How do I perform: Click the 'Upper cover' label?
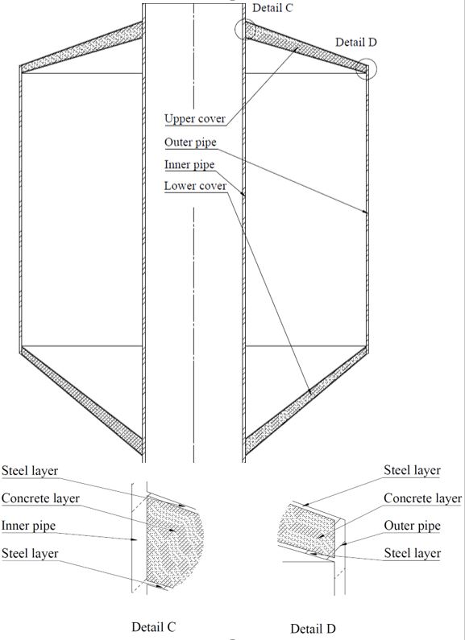tap(195, 119)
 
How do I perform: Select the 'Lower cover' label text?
tap(195, 186)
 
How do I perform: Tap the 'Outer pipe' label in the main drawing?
tap(190, 142)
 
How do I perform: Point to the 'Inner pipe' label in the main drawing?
tap(189, 165)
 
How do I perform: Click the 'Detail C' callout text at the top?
tap(272, 8)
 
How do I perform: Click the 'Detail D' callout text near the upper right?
tap(356, 42)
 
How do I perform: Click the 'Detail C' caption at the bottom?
tap(154, 626)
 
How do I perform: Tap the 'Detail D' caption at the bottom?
tap(313, 628)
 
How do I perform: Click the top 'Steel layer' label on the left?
tap(30, 471)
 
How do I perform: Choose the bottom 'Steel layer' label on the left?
tap(30, 554)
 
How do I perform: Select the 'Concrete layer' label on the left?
tap(40, 498)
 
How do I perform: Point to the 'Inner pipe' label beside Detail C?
tap(28, 526)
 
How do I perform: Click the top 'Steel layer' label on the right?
tap(412, 470)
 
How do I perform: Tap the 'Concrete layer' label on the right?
tap(422, 498)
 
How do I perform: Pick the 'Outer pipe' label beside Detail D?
tap(412, 526)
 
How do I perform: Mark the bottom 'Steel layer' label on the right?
tap(413, 554)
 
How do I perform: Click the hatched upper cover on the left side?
tap(81, 47)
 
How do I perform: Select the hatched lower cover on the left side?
tap(81, 400)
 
